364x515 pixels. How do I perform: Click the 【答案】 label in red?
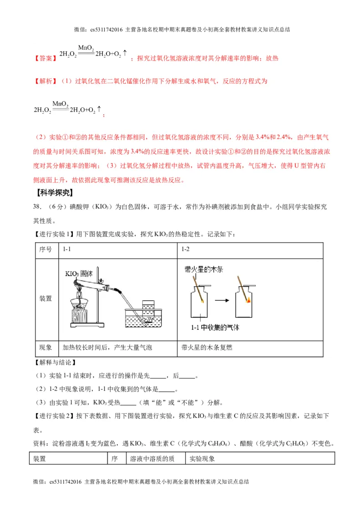point(45,58)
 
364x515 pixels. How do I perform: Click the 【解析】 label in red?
point(45,81)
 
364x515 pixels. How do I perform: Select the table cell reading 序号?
point(45,249)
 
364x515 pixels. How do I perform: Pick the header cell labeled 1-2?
point(186,249)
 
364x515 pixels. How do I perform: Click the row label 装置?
point(45,298)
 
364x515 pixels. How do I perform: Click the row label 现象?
point(45,348)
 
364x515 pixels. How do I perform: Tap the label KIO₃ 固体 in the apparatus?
point(79,274)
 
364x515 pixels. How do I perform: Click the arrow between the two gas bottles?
point(222,300)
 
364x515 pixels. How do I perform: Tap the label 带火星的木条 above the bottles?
point(204,269)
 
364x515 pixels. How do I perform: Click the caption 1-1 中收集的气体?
point(215,328)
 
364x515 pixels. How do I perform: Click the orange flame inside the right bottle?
point(248,299)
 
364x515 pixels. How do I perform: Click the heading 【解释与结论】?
point(55,363)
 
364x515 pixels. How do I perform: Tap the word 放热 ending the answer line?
point(272,58)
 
